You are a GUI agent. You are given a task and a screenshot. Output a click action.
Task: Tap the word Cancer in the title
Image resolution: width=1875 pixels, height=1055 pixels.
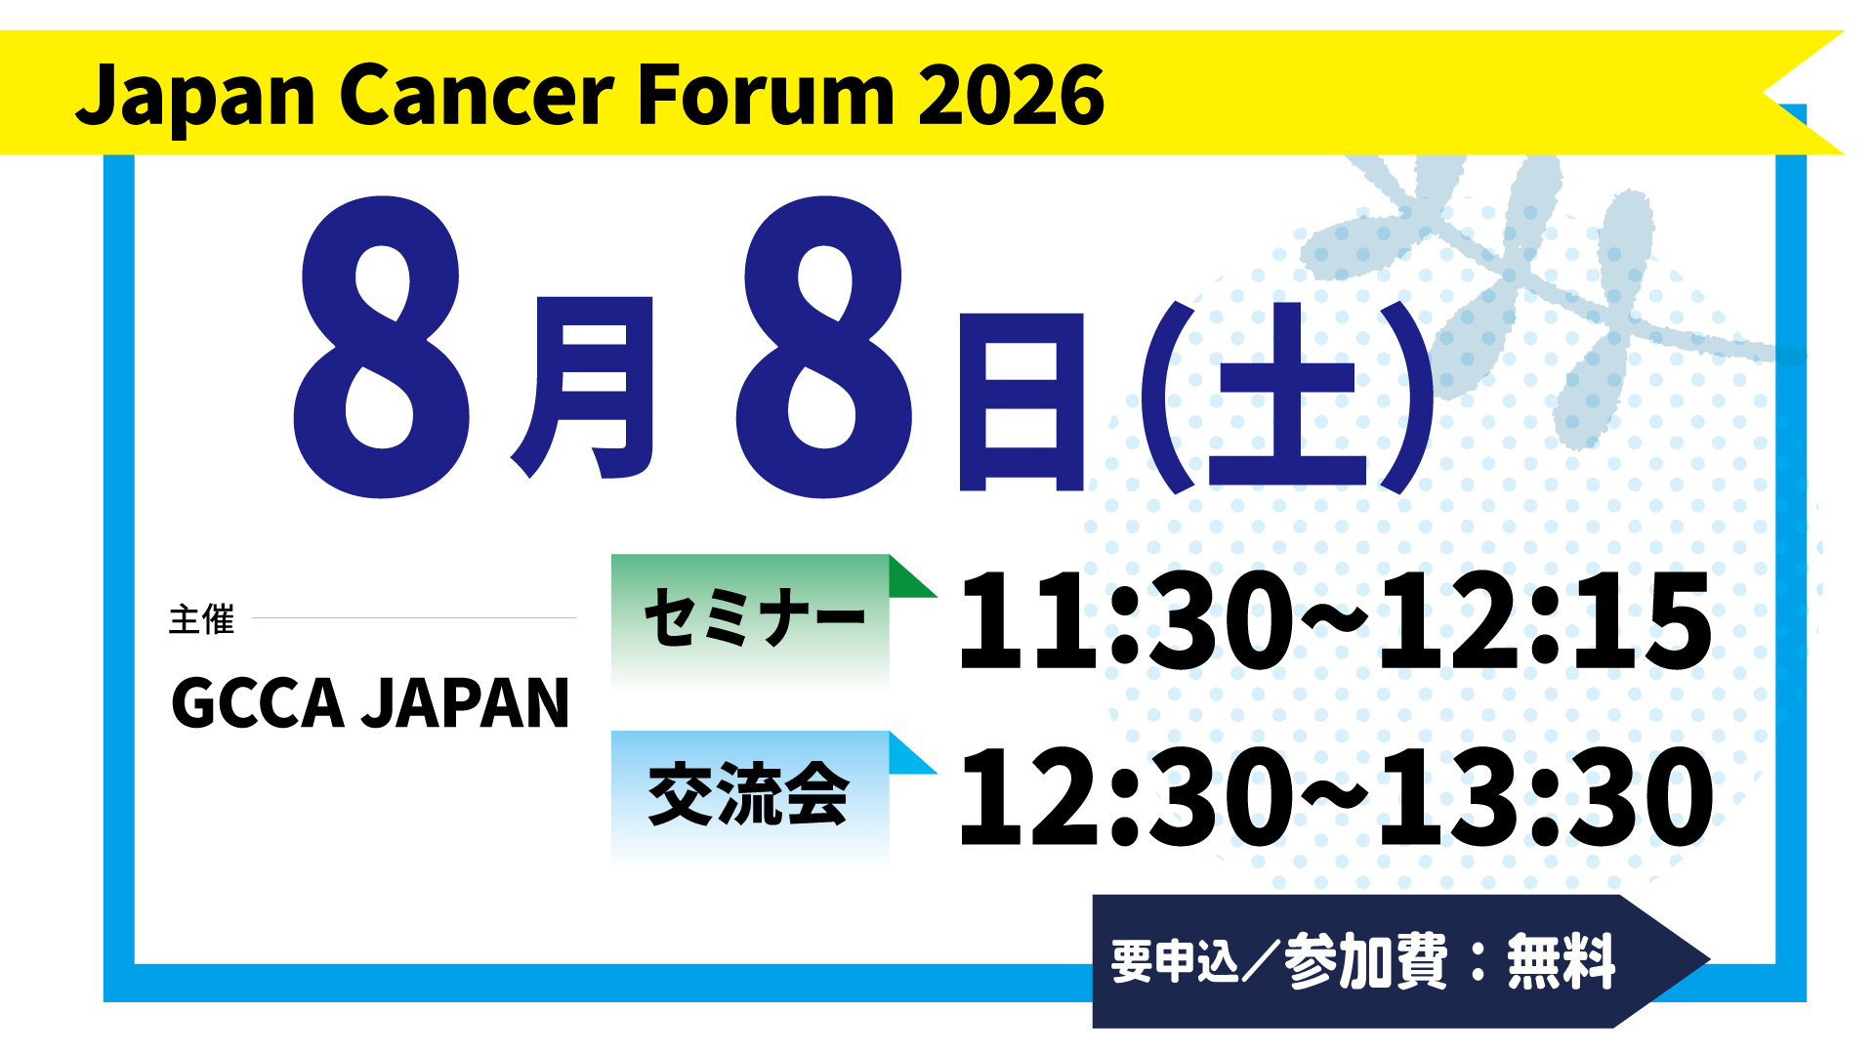pos(478,95)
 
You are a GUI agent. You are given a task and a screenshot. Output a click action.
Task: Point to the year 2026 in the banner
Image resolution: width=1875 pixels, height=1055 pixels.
pos(1012,95)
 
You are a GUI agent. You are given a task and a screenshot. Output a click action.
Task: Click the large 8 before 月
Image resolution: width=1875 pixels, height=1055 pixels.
pos(381,347)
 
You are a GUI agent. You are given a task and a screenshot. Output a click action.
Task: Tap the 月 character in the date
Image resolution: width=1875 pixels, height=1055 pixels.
pos(583,388)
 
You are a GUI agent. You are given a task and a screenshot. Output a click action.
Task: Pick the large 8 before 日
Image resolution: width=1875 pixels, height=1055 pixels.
pos(825,347)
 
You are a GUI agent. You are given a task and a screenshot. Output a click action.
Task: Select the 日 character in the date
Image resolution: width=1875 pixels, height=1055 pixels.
pos(1021,401)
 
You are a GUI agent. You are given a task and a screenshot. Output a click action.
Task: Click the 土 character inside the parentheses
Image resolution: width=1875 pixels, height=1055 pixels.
pos(1287,395)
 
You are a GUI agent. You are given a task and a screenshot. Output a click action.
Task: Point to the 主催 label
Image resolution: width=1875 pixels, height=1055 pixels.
pos(202,619)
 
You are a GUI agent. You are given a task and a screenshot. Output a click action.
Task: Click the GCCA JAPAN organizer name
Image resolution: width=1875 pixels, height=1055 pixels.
pos(370,703)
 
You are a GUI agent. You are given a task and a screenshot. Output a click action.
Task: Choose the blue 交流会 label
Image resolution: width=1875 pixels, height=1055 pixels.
pos(749,794)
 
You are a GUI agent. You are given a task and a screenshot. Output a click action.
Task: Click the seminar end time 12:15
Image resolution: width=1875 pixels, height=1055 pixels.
pos(1545,621)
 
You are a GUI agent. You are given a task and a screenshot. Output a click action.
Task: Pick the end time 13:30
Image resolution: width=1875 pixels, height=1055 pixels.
pos(1546,796)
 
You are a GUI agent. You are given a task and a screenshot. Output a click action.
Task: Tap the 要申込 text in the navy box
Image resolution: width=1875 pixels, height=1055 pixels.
pos(1175,961)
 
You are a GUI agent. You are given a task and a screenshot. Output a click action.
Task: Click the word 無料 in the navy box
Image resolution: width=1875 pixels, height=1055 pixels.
pos(1562,961)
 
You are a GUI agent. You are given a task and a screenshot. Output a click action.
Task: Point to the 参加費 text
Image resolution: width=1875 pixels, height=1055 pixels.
pos(1366,961)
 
